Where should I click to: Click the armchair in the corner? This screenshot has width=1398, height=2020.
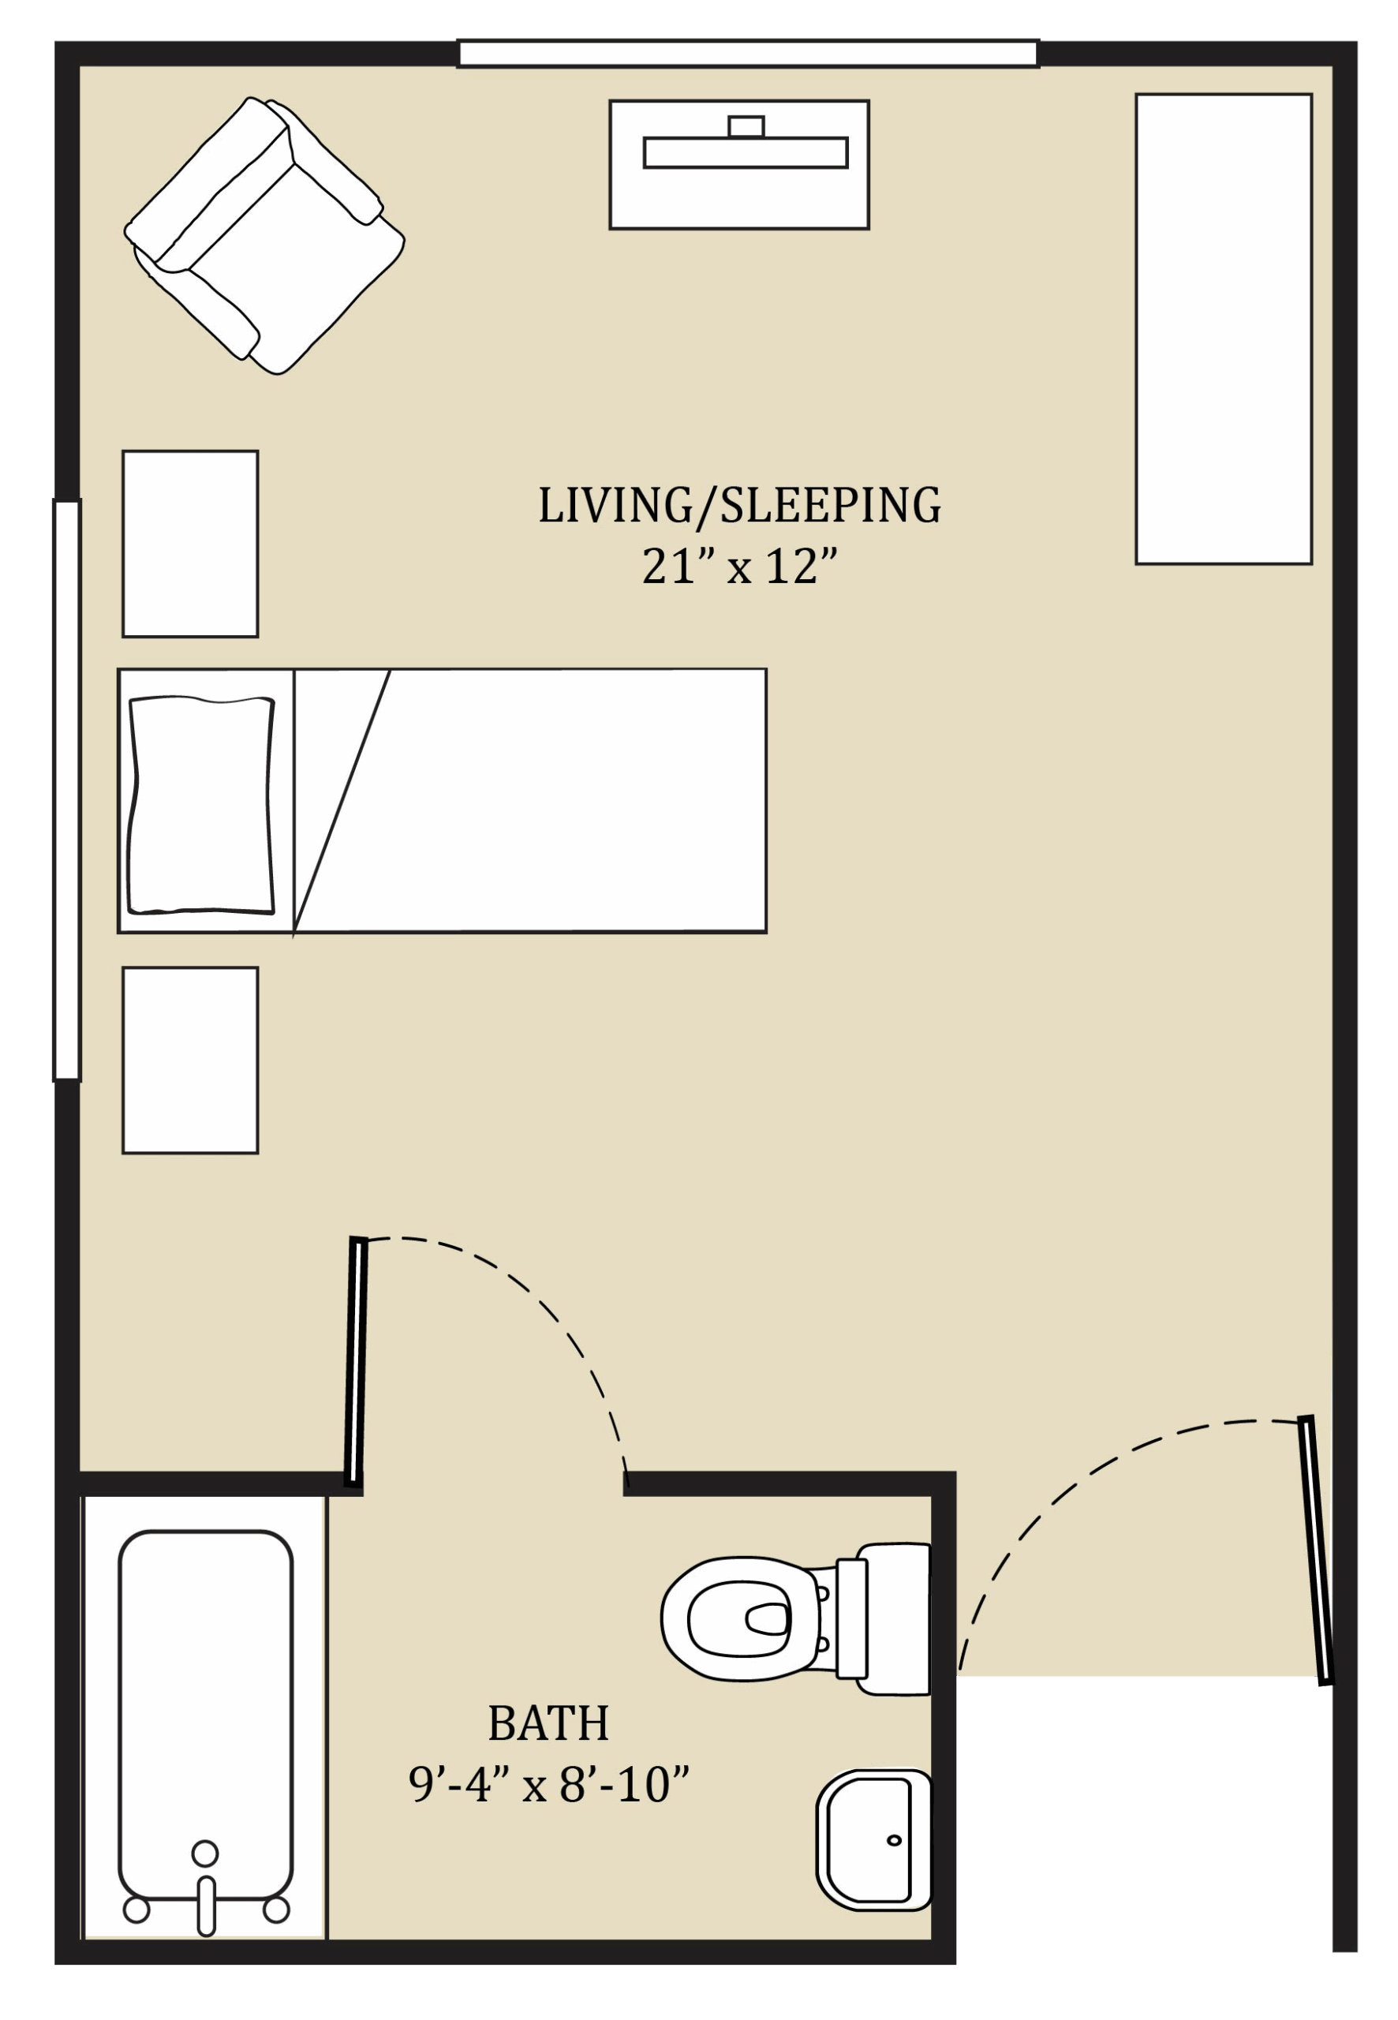pos(264,237)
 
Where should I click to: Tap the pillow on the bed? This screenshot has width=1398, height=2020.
pos(201,805)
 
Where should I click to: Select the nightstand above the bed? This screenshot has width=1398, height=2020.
pos(190,544)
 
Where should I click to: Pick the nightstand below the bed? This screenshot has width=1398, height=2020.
pos(190,1060)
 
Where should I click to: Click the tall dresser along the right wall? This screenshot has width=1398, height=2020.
pos(1224,328)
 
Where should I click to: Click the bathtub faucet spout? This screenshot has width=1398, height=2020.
pos(207,1906)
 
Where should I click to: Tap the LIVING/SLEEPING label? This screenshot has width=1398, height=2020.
pos(739,506)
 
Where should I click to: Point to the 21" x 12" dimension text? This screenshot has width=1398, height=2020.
pos(739,566)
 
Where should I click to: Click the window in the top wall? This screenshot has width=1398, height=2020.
pos(748,54)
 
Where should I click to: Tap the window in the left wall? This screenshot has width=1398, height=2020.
pos(67,790)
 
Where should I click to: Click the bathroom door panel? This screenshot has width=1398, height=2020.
pos(356,1362)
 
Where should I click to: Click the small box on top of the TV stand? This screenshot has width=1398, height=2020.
pos(746,126)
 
